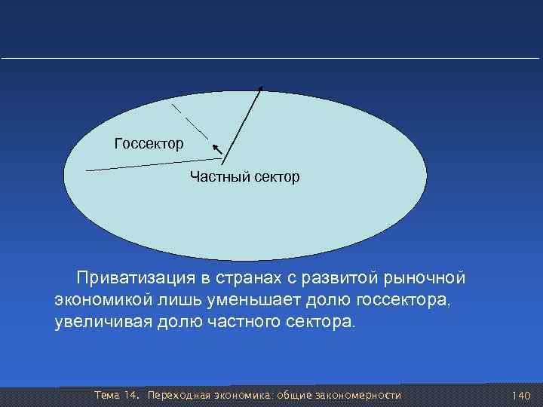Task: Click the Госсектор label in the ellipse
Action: click(x=148, y=142)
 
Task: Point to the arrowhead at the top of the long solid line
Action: click(x=261, y=90)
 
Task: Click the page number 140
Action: click(x=521, y=396)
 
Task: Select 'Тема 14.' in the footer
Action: click(x=115, y=396)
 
